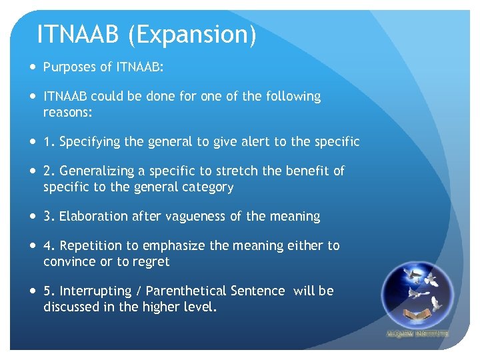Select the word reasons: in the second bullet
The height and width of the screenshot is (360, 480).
67,113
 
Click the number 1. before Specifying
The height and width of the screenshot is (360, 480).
49,141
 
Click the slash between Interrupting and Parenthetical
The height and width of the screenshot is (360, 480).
138,291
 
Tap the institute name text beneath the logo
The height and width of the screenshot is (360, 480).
417,333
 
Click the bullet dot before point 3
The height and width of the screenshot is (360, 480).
33,217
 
